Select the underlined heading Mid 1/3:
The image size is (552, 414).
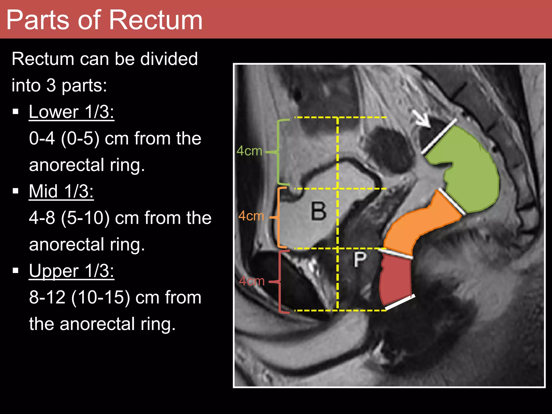point(61,191)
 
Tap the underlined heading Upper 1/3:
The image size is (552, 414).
point(71,271)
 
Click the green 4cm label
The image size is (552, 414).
point(249,151)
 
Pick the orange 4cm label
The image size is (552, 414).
point(251,216)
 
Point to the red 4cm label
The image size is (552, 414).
point(252,281)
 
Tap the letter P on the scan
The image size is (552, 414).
point(360,260)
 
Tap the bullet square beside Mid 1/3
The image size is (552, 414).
point(16,191)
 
